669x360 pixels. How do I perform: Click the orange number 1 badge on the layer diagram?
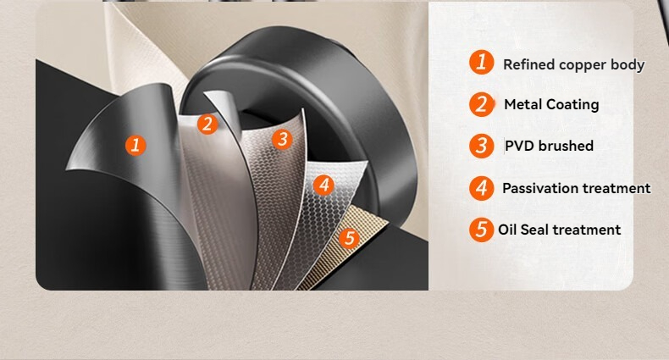135,145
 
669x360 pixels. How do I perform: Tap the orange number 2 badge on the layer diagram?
207,125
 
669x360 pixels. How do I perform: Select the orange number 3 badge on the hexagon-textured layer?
282,139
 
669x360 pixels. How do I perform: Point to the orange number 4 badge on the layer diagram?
323,186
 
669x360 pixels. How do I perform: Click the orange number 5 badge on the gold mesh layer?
350,237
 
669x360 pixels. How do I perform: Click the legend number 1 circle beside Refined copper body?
482,62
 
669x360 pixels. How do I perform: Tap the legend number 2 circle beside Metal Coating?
482,104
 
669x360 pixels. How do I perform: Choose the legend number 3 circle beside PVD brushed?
482,146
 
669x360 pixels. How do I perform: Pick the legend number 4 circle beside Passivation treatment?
482,188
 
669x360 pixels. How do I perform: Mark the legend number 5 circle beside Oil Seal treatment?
482,230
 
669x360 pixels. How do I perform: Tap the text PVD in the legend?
519,146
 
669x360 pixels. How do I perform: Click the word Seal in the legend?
534,230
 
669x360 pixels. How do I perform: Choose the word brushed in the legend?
566,146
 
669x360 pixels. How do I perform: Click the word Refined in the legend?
529,64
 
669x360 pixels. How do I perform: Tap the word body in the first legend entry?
628,65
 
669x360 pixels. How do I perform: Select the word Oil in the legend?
507,230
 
